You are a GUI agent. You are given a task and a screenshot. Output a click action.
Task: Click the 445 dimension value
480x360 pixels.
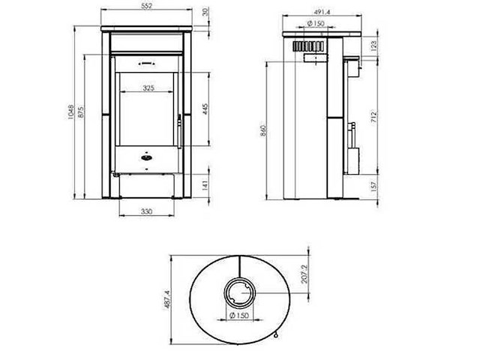point(205,109)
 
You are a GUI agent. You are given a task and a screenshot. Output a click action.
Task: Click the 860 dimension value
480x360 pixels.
point(262,130)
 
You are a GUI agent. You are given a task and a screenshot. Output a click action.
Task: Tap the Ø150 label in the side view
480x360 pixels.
point(315,25)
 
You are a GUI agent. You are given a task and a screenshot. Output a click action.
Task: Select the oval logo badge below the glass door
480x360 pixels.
point(146,157)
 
